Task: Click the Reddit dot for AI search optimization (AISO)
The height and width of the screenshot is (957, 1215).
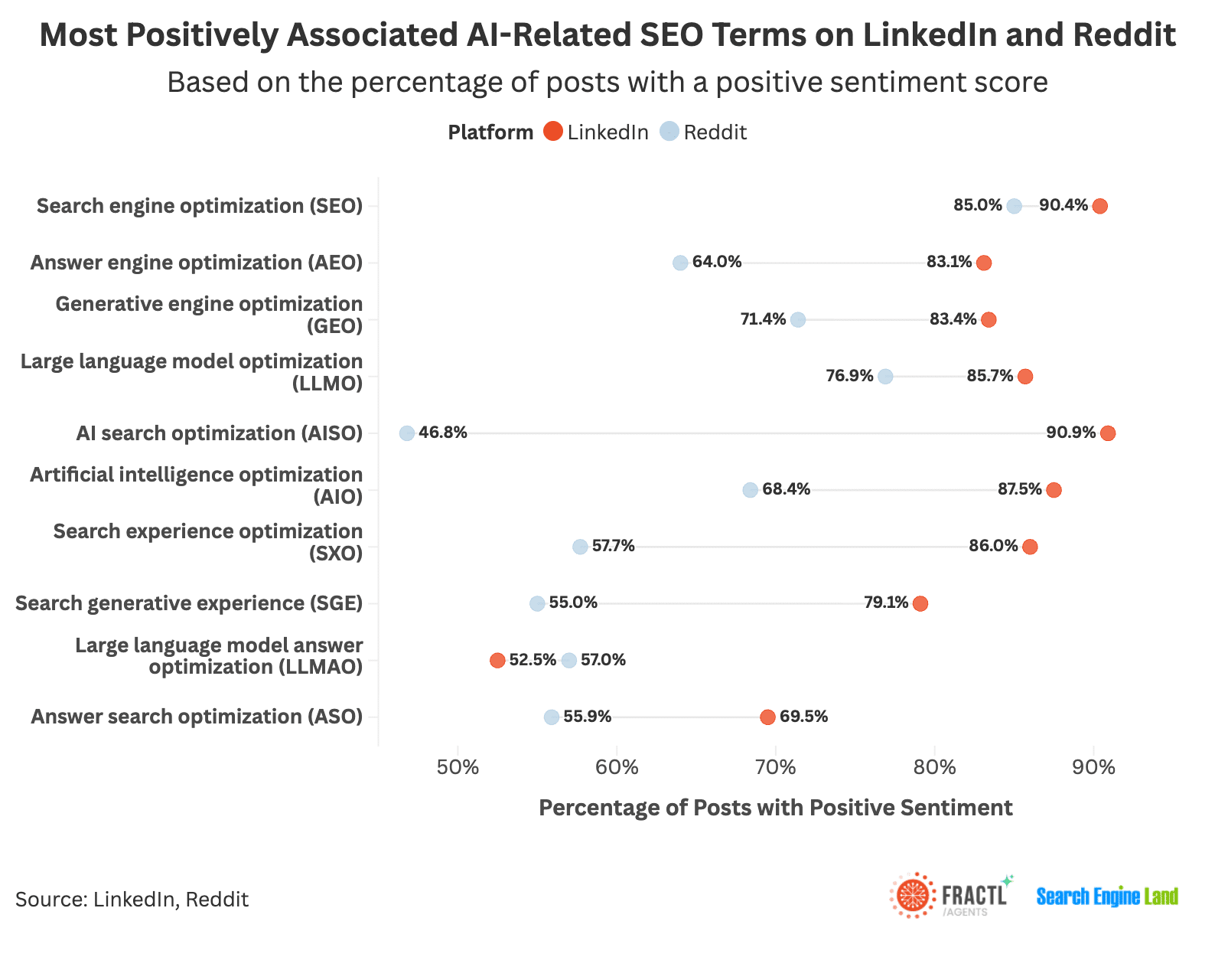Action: pos(407,433)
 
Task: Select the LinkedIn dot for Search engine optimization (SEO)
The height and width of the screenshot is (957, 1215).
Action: pos(1099,206)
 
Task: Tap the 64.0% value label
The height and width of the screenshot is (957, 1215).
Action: pos(717,262)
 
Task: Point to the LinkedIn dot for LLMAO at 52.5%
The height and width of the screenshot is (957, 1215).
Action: pos(497,661)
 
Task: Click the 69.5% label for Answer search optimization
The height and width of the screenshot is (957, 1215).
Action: pos(803,717)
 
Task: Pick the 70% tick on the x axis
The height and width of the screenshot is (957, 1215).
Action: pos(776,767)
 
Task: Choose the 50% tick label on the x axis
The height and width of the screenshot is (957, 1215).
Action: pos(458,767)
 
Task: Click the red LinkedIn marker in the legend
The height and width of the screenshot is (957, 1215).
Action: pos(553,132)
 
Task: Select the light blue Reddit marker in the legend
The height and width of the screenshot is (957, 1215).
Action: pos(669,132)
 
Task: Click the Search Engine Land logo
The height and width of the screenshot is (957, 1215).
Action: pos(1106,897)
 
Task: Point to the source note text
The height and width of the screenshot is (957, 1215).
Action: pos(132,899)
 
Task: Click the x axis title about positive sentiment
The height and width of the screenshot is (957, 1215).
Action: pos(775,808)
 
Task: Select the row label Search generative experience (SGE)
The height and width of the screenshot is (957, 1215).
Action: pos(189,603)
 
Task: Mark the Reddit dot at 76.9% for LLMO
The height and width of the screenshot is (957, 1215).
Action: pos(885,377)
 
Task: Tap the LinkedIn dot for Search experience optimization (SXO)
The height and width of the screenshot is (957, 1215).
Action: pos(1030,547)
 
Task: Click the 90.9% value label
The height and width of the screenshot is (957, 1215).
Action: pos(1070,433)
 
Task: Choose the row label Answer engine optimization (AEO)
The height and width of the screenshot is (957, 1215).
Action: pos(197,263)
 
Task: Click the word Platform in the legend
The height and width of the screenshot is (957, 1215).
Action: pos(490,132)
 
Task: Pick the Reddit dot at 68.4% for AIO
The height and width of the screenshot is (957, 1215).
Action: pos(750,490)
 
